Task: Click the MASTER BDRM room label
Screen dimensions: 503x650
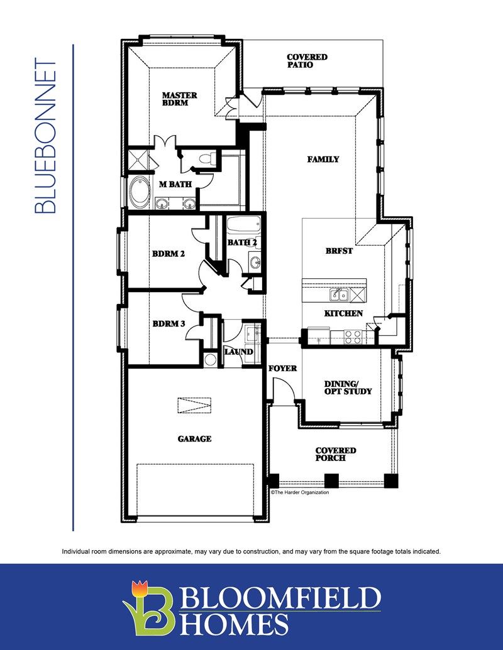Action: tap(179, 99)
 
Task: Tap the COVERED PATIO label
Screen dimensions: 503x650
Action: tap(307, 60)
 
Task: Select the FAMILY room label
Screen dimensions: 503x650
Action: tap(323, 159)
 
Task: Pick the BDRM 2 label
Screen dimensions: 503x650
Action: tap(168, 253)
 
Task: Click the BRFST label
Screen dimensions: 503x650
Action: tap(339, 251)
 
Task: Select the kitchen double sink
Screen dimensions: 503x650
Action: tap(339, 295)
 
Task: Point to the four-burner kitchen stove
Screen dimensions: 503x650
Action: tap(353, 337)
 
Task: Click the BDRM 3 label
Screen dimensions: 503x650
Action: tap(169, 323)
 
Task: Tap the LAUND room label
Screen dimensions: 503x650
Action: tap(239, 352)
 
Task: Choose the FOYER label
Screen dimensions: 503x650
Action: tap(282, 368)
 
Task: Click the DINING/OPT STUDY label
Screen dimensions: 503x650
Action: tap(348, 387)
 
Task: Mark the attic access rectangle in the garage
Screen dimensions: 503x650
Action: tap(195, 405)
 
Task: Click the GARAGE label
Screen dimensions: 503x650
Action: tap(194, 438)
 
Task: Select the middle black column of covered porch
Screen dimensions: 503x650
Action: tap(331, 480)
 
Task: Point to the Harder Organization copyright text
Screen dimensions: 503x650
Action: tap(300, 492)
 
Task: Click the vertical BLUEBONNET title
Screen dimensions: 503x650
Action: tap(45, 136)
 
